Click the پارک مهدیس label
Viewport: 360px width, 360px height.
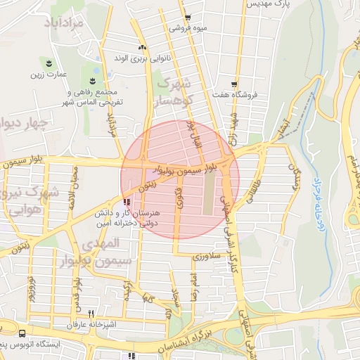click(x=267, y=4)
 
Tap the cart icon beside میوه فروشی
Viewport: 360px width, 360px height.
click(x=187, y=18)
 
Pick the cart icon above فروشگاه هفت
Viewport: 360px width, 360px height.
click(x=234, y=84)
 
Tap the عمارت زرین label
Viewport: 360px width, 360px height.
click(x=48, y=73)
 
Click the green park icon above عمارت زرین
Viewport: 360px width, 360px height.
click(x=48, y=63)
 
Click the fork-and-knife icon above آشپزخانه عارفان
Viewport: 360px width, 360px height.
click(x=91, y=314)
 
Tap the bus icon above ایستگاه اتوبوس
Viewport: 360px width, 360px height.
click(x=22, y=335)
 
